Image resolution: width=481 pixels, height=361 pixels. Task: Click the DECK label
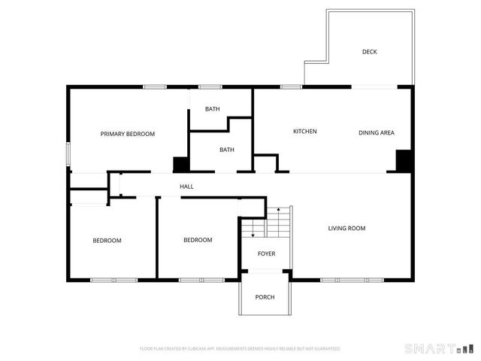[x=369, y=52]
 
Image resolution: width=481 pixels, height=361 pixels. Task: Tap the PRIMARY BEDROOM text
[x=128, y=134]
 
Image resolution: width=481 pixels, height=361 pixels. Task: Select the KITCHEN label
[x=304, y=132]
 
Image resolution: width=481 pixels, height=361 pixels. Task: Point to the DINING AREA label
[x=376, y=133]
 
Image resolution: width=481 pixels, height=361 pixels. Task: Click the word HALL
[x=186, y=187]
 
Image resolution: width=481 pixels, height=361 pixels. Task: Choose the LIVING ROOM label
[x=346, y=228]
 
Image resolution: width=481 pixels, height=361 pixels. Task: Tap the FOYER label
[x=266, y=254]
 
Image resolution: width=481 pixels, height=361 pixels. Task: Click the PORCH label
[x=265, y=297]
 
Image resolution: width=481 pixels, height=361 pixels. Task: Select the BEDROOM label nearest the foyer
[x=198, y=240]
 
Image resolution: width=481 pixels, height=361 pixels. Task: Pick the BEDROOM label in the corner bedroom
[x=107, y=241]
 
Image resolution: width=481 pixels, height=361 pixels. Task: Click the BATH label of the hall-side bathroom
[x=226, y=150]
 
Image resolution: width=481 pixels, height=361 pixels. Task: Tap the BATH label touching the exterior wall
[x=213, y=109]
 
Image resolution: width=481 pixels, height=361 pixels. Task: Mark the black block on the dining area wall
[x=404, y=161]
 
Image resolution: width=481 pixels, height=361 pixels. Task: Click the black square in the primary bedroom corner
[x=180, y=165]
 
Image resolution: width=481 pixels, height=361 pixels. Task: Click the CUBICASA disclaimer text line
[x=240, y=349]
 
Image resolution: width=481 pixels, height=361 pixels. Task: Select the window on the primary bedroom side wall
[x=68, y=153]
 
